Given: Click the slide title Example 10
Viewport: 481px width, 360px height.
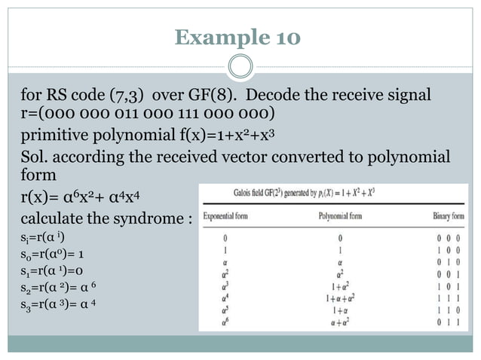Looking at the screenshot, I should [237, 37].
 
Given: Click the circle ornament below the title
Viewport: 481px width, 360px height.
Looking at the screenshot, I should [240, 66].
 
